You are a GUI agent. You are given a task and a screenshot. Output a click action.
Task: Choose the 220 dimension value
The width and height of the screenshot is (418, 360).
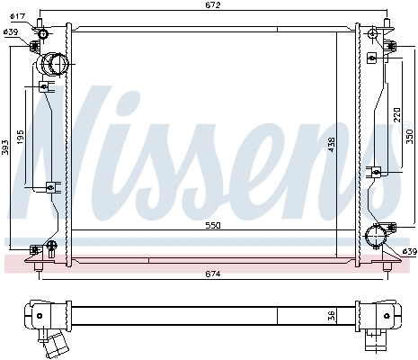point(396,114)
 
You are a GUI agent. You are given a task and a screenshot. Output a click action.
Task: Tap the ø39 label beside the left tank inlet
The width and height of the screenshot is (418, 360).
point(11,32)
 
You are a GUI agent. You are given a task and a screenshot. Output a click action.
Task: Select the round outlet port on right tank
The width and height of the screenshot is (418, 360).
point(375,237)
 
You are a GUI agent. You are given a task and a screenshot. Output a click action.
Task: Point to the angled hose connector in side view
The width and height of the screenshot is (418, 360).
point(57,345)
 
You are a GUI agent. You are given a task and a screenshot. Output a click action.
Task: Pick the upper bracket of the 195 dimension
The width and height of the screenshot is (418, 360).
point(46,86)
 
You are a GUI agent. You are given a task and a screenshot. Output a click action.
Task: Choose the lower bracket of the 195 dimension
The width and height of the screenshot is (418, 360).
point(50,186)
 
